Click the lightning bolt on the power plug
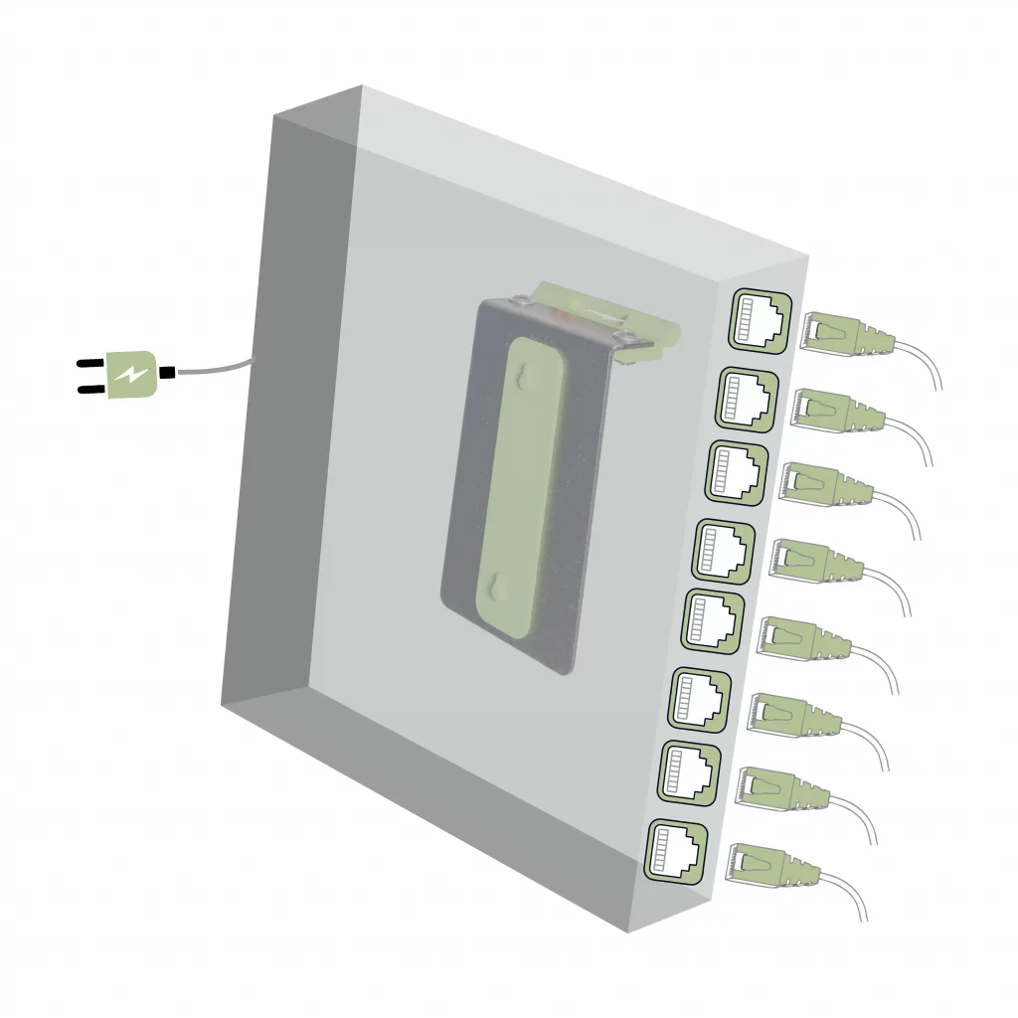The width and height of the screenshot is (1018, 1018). [130, 374]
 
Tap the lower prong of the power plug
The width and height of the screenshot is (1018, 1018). [90, 389]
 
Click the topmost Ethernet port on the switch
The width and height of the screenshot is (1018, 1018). [760, 320]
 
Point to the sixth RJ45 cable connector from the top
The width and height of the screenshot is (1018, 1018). [793, 716]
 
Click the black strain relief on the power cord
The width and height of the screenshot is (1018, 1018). [167, 373]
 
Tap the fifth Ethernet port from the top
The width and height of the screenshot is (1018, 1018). [712, 619]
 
